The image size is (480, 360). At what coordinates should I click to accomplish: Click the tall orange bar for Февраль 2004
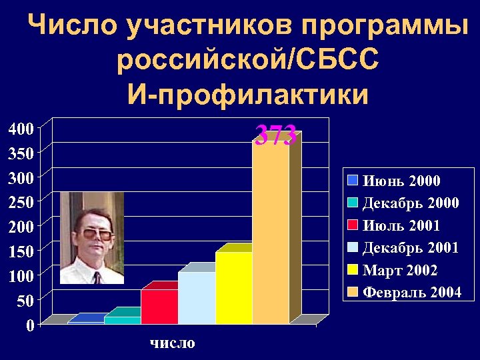pos(271,233)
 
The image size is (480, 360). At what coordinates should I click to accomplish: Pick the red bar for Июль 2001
pos(159,307)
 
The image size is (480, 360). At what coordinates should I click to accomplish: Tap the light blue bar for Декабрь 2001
pos(196,298)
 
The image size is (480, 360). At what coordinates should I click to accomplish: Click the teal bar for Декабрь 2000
pos(122,320)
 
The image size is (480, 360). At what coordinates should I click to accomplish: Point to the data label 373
pos(276,136)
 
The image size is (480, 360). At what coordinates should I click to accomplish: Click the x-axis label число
pos(172,343)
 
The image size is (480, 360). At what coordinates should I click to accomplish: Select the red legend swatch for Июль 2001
pos(353,225)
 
